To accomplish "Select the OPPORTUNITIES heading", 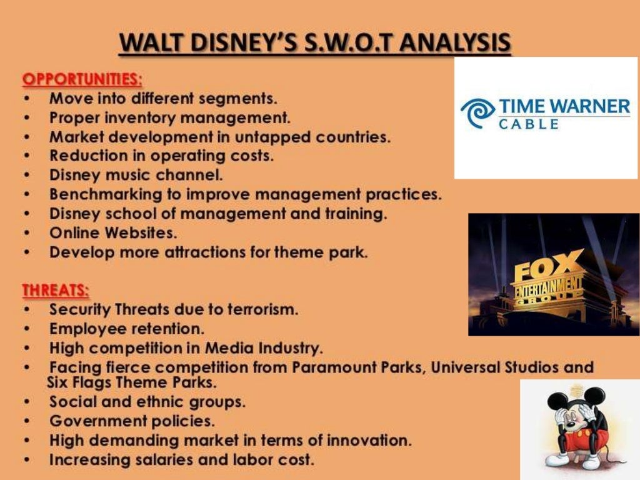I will [x=82, y=79].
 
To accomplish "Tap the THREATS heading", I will [x=56, y=291].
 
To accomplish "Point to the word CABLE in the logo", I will [x=529, y=124].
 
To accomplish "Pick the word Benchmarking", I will [x=99, y=194].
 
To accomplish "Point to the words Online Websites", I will [x=113, y=233].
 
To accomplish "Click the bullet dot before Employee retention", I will [x=27, y=329].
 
